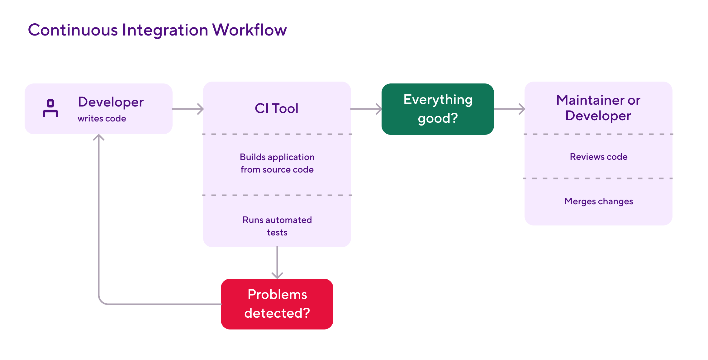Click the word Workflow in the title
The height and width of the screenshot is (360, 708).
point(249,30)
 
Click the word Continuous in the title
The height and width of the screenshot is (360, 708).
point(73,30)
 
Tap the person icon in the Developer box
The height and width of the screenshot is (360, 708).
point(50,108)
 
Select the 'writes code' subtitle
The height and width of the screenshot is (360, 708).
point(102,119)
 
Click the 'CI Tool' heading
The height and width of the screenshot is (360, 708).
point(277,108)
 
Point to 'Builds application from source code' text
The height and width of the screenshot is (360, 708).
point(277,163)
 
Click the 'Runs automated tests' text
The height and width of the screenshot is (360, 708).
point(277,226)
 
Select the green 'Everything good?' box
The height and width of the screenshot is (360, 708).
point(438,109)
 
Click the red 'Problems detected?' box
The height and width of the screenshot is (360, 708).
point(277,304)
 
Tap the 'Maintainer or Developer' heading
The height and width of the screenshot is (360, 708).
point(598,108)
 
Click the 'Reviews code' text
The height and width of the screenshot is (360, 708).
point(598,157)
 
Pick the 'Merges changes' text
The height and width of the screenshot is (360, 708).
point(598,201)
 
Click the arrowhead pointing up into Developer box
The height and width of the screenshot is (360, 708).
point(99,137)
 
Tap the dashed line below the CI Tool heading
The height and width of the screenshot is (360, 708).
point(277,134)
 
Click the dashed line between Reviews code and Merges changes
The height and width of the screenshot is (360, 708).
point(598,178)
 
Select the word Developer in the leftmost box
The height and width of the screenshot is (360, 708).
point(111,102)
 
